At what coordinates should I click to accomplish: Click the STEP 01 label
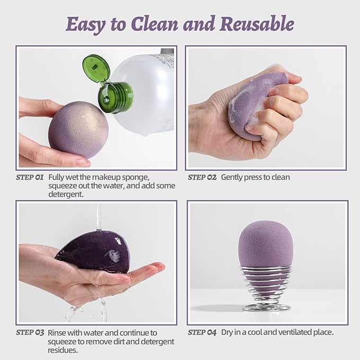point(30,177)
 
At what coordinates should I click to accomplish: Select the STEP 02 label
point(202,177)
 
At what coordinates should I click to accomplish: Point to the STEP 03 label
point(30,332)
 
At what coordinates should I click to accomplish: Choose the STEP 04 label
point(202,332)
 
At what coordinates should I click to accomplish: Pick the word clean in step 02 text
point(279,177)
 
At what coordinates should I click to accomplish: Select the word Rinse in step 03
point(58,332)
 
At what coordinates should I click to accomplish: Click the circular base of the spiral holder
point(266,307)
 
